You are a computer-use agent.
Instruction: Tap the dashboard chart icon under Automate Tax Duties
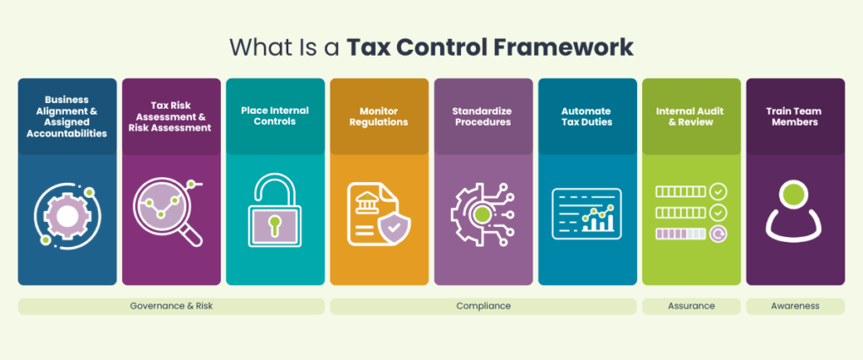587,212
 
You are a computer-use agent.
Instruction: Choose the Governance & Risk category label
171,306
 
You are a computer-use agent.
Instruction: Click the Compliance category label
483,306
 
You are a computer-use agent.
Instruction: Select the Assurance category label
691,306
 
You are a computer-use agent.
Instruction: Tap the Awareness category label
795,306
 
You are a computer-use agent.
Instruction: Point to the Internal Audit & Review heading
691,116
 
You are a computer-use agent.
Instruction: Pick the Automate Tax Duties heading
587,116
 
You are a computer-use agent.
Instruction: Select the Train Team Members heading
795,116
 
